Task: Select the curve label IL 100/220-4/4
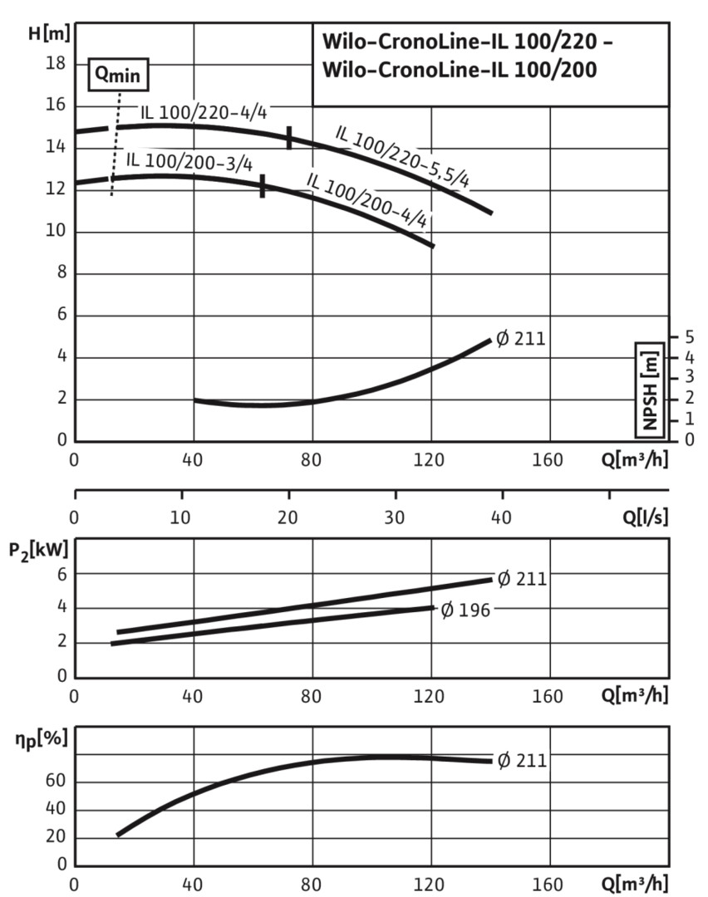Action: pos(203,113)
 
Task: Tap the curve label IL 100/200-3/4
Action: pos(189,160)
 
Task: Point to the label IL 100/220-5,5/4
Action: pos(403,155)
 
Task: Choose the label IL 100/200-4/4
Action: pos(367,199)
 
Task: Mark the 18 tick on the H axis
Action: pos(56,63)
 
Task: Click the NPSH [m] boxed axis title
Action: pos(649,389)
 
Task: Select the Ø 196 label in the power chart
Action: pos(465,610)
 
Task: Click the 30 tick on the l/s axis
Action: pos(395,516)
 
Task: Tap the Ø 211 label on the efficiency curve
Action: pos(521,759)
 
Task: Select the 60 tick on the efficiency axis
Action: pos(56,782)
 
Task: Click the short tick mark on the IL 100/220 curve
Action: pos(289,138)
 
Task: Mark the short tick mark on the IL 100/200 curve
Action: pos(263,187)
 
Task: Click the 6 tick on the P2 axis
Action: pos(61,574)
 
